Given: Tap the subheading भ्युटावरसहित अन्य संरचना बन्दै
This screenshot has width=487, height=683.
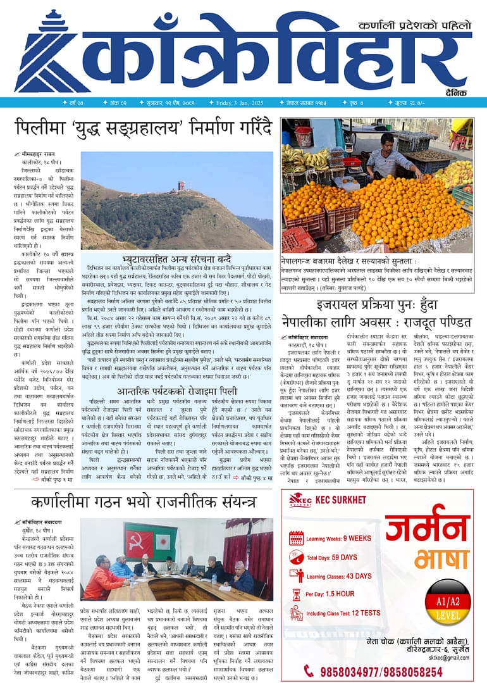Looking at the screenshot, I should coord(176,260).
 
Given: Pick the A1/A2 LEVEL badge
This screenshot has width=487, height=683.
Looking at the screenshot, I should coord(447,601).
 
